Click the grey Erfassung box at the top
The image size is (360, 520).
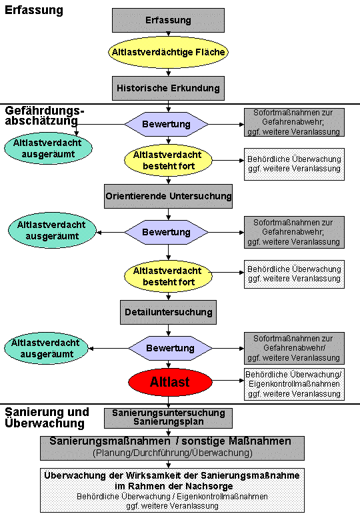coord(168,20)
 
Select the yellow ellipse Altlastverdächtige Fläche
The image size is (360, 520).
coord(168,52)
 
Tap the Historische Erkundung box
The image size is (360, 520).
coord(168,88)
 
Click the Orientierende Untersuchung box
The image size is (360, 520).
coord(168,196)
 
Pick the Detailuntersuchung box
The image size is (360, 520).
coord(168,313)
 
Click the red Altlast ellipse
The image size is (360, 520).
coord(170,382)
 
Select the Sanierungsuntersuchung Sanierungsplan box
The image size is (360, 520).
coord(168,418)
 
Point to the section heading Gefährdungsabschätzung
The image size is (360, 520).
coord(45,115)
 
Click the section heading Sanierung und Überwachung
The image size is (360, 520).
coord(47,417)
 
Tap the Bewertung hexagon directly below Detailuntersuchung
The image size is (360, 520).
coord(170,348)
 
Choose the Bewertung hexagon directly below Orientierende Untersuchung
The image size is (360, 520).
coord(167,232)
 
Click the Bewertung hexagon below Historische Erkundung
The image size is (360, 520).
coord(167,124)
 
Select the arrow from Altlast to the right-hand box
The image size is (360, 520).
coord(228,381)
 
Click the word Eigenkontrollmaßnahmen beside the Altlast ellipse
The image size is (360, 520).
coord(294,384)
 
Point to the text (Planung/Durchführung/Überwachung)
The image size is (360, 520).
coord(173,453)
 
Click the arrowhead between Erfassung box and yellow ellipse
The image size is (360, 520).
coord(168,34)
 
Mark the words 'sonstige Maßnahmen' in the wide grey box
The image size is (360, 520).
coord(237,441)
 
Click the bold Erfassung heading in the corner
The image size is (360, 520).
coord(34,10)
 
